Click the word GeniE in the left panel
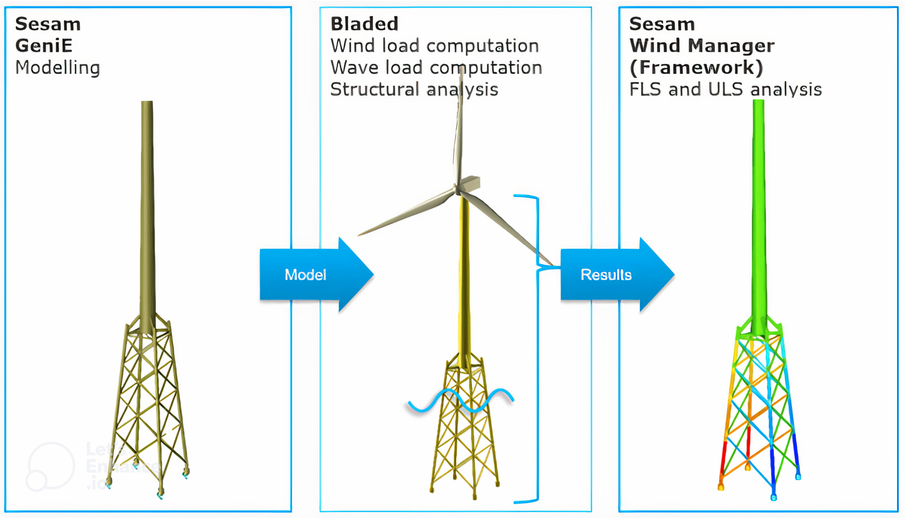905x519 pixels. (44, 46)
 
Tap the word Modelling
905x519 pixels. (57, 67)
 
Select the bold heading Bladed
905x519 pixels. (364, 24)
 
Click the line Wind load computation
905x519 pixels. (434, 46)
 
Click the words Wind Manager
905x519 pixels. (702, 46)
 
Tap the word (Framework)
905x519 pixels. (696, 67)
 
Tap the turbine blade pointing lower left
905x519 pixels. (406, 214)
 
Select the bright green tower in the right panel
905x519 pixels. (758, 214)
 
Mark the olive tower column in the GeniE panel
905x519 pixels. (147, 214)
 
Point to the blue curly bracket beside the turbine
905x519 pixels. (537, 349)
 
